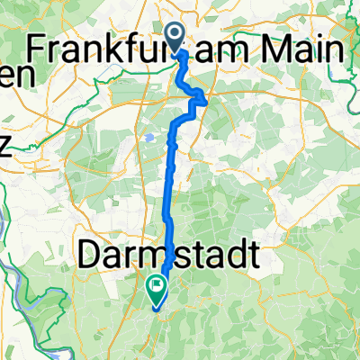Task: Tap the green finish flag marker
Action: coord(157,289)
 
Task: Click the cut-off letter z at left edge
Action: coord(4,148)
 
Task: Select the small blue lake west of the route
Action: coord(147,138)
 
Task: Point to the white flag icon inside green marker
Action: coord(157,287)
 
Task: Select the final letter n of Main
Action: coord(336,51)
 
